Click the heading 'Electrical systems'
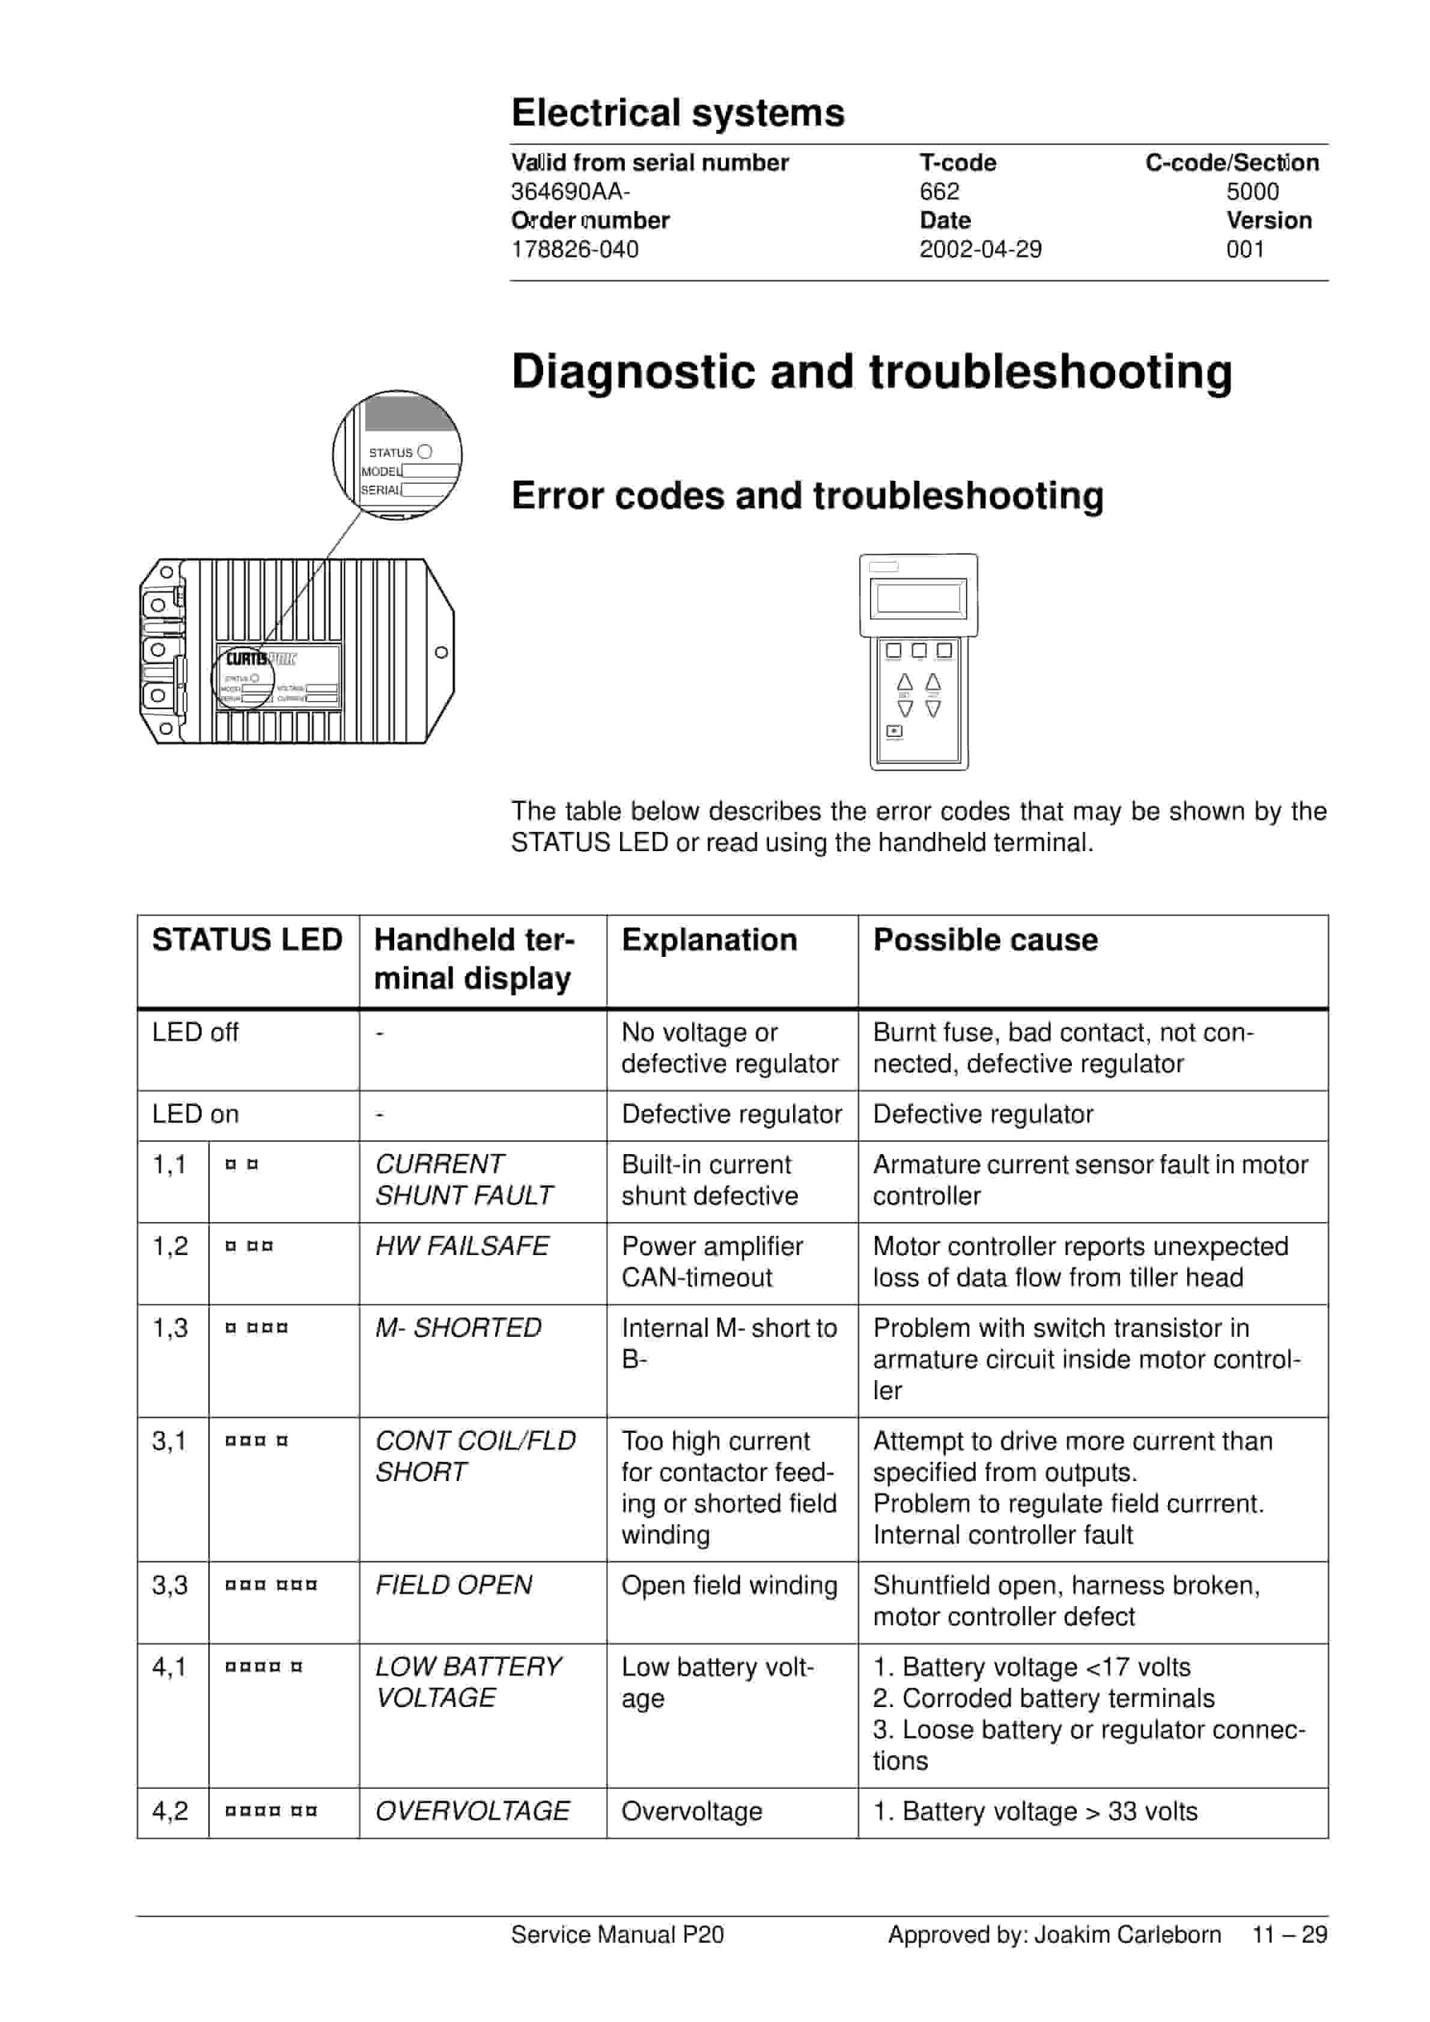click(677, 113)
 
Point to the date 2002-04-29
click(980, 249)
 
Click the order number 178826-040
click(574, 249)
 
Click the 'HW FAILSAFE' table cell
click(461, 1245)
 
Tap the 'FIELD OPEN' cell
click(454, 1584)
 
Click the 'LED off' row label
click(195, 1031)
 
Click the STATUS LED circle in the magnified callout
click(424, 452)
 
